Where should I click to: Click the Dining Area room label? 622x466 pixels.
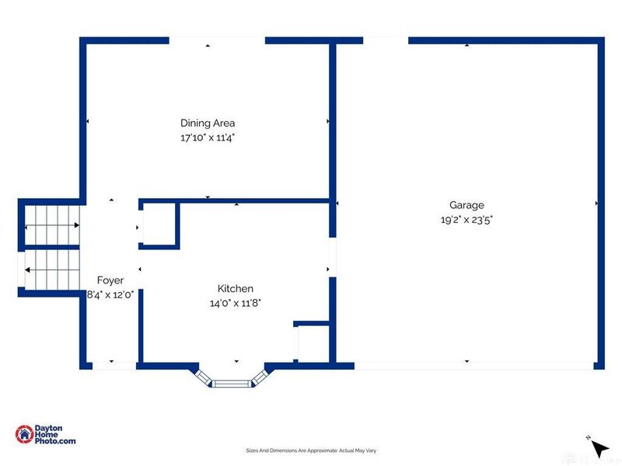click(x=208, y=123)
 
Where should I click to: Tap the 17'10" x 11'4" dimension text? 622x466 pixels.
click(x=208, y=137)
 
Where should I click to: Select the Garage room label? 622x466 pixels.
click(x=466, y=205)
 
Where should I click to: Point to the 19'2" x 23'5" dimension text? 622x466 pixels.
click(x=466, y=220)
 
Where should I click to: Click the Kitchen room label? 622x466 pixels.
click(x=236, y=288)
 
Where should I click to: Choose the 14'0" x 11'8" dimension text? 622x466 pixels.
click(x=236, y=303)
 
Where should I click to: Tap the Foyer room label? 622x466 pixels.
click(x=110, y=280)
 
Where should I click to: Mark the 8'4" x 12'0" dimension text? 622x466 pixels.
click(x=110, y=294)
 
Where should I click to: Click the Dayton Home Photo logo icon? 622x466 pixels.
click(x=24, y=434)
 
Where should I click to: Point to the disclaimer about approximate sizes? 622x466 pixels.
click(x=311, y=450)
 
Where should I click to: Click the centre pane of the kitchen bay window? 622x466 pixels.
click(x=232, y=383)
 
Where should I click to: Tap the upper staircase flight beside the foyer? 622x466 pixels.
click(x=52, y=225)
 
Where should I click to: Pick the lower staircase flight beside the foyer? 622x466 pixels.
click(x=52, y=270)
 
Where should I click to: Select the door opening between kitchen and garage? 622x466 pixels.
click(x=333, y=257)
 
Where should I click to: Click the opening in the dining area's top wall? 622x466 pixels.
click(x=217, y=40)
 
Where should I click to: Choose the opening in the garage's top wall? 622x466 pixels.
click(x=386, y=40)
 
